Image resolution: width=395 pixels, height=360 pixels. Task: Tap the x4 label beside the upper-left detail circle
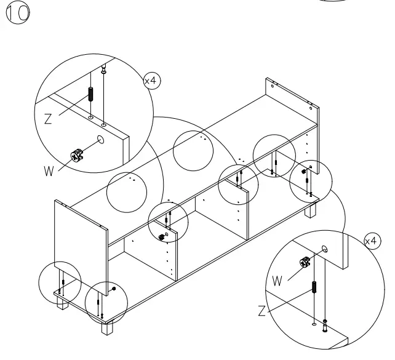click(151, 81)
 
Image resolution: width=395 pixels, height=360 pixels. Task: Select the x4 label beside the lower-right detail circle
click(371, 241)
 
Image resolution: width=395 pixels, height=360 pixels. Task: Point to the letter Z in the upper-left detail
click(47, 119)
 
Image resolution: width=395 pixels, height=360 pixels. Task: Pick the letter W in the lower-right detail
click(277, 281)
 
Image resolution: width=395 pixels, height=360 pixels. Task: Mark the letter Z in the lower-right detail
click(262, 311)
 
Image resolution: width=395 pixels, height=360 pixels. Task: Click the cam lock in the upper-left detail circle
click(77, 155)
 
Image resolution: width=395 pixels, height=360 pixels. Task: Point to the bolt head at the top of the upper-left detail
click(104, 68)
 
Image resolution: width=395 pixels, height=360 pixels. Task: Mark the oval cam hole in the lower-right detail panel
click(324, 249)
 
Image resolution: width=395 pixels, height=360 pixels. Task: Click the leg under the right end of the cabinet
click(311, 211)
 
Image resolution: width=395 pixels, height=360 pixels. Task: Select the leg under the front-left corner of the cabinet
click(108, 327)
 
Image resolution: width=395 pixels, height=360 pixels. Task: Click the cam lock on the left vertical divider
click(162, 234)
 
